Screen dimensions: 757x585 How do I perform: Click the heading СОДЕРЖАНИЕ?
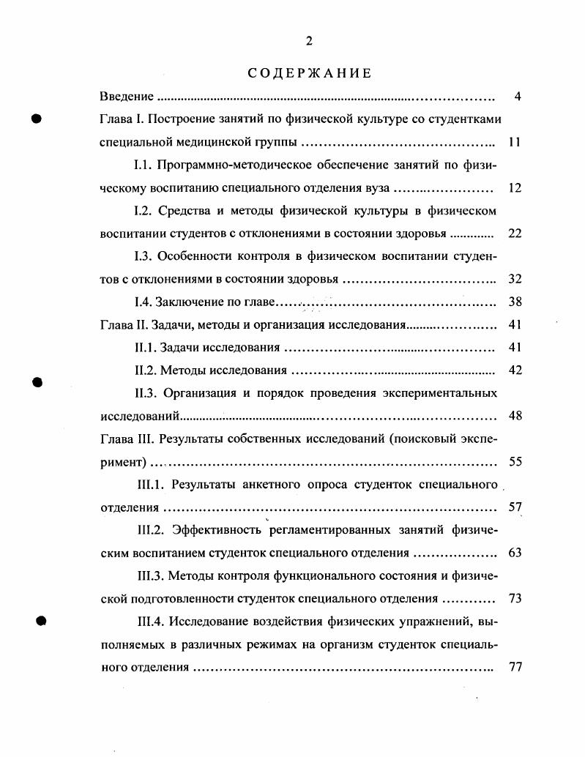(x=309, y=73)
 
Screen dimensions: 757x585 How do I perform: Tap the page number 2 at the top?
(x=309, y=41)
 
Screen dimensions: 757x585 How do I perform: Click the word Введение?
(x=127, y=97)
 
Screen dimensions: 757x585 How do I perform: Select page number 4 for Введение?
(x=518, y=97)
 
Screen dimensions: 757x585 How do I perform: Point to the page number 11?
(x=515, y=142)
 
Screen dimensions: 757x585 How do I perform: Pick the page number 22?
(x=515, y=234)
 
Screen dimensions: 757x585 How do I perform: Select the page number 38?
(x=515, y=302)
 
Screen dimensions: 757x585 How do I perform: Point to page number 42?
(x=515, y=370)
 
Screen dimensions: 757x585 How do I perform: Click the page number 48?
(x=515, y=416)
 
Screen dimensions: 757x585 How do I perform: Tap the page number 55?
(x=515, y=462)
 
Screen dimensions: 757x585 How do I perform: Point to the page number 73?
(x=515, y=599)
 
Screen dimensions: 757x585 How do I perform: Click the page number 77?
(x=515, y=668)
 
